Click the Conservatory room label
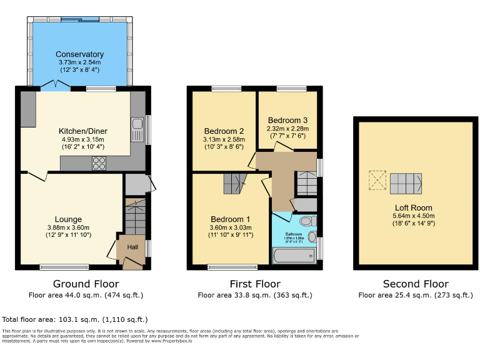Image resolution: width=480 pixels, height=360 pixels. click(79, 54)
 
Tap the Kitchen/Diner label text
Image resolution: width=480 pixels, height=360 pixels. click(83, 131)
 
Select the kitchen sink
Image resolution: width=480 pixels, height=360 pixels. click(137, 129)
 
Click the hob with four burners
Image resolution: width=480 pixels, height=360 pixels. click(99, 163)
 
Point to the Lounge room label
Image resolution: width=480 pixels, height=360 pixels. click(68, 219)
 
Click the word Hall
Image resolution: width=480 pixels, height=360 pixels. click(132, 247)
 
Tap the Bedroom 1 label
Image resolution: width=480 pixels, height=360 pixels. click(231, 219)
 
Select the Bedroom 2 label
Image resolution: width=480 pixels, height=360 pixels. click(223, 131)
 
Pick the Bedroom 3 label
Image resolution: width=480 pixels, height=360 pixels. click(287, 119)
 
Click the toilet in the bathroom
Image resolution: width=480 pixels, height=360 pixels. click(307, 222)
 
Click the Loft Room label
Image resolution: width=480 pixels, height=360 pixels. click(413, 207)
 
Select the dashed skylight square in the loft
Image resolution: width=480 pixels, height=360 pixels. click(376, 181)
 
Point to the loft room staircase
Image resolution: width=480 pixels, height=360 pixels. click(406, 182)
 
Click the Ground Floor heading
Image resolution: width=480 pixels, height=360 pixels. click(86, 284)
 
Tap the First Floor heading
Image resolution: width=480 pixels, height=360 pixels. click(254, 284)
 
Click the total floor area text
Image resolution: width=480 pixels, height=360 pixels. click(75, 319)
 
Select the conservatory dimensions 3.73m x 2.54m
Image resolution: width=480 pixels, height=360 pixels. click(79, 62)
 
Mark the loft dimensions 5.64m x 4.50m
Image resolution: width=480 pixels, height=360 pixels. click(413, 216)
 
